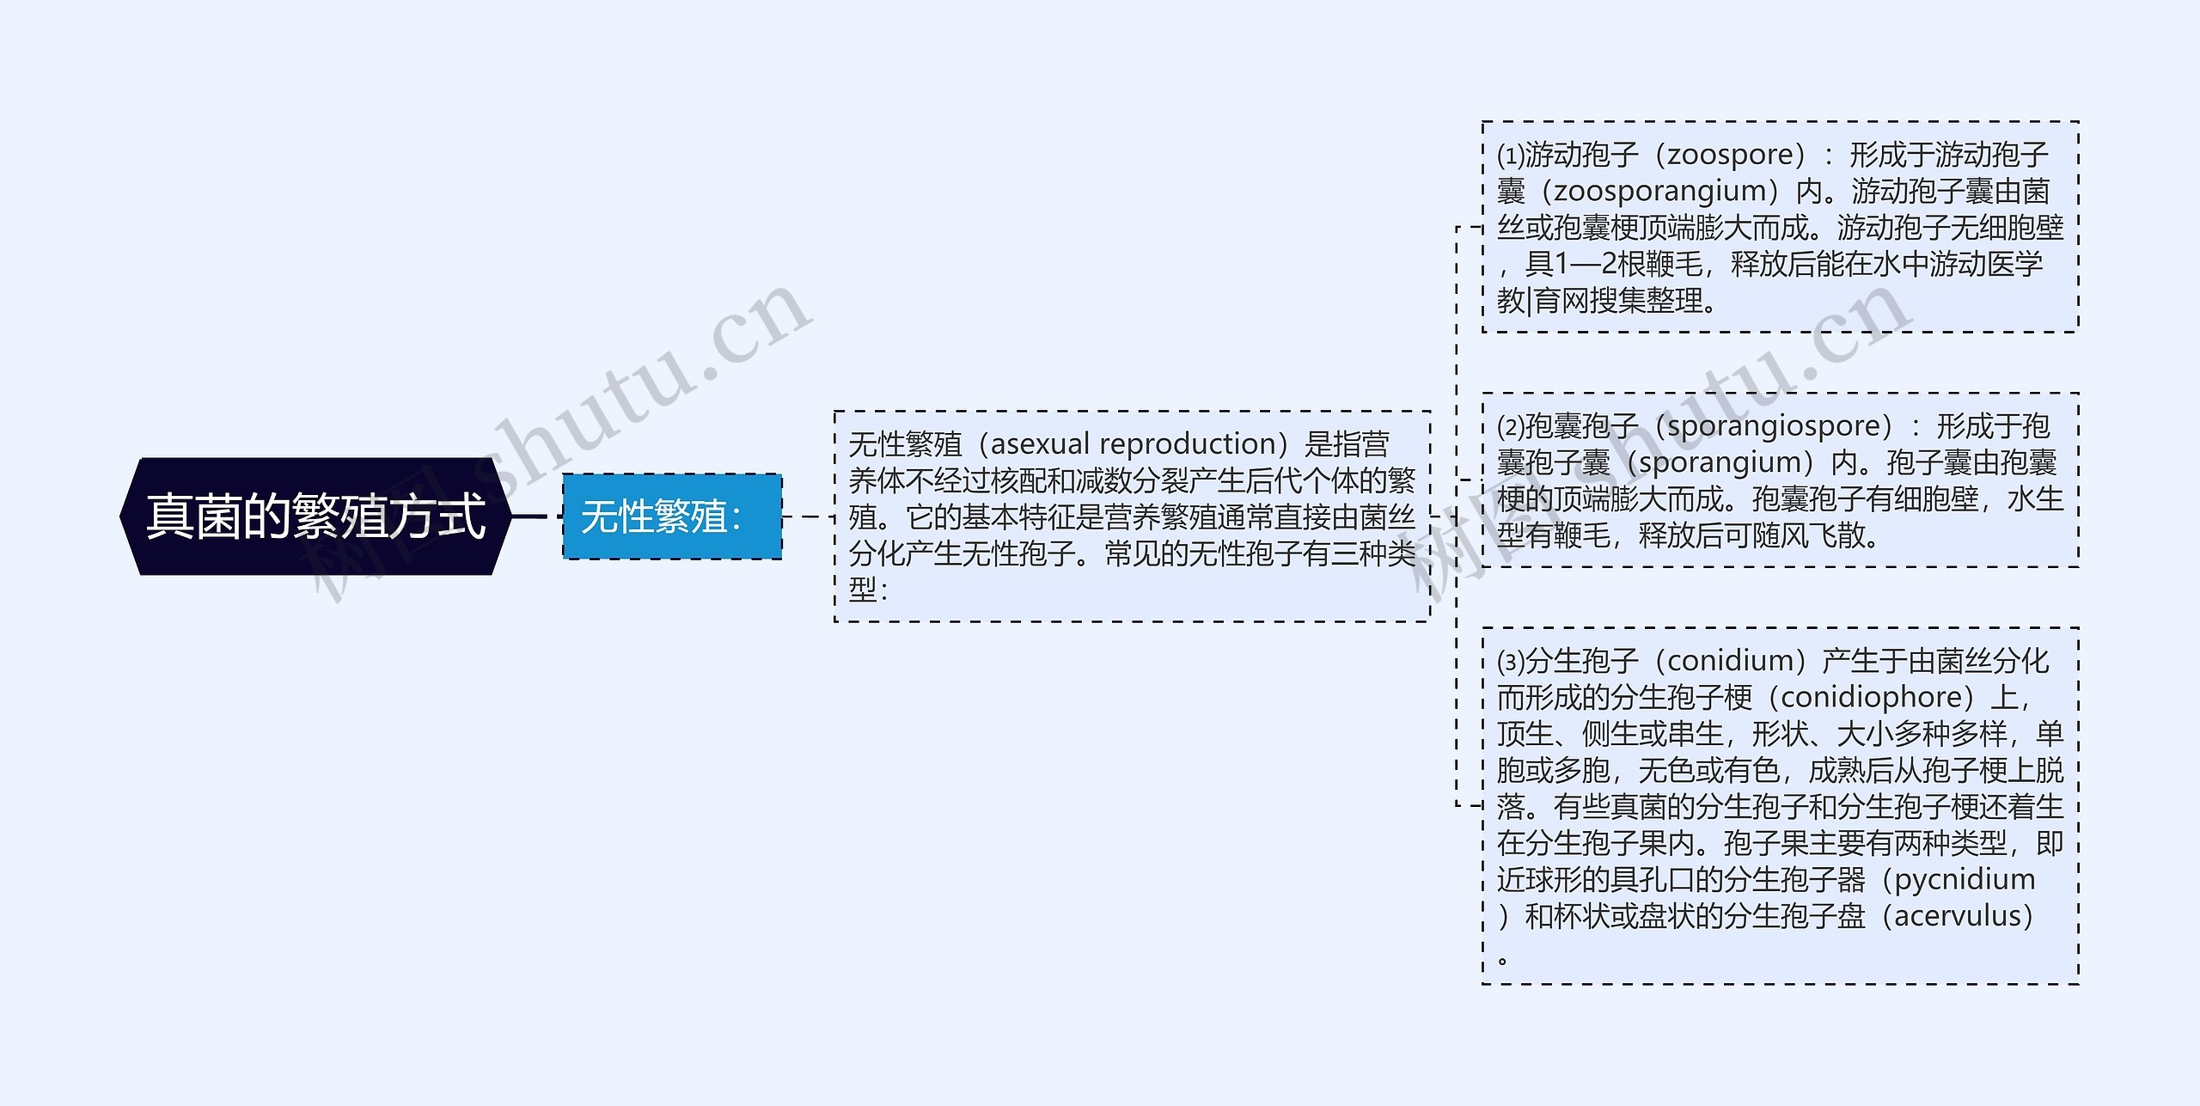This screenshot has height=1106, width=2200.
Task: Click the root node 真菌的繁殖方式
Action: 315,516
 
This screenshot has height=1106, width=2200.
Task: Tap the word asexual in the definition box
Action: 1040,444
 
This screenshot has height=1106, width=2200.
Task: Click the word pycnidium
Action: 1965,879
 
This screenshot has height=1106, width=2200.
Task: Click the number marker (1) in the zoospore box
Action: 1511,156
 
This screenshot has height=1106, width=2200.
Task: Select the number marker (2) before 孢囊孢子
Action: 1511,427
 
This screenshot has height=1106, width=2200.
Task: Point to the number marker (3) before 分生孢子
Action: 1511,662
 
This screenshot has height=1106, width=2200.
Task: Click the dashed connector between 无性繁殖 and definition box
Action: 808,516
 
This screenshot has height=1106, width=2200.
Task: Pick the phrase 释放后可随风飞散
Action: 1757,535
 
